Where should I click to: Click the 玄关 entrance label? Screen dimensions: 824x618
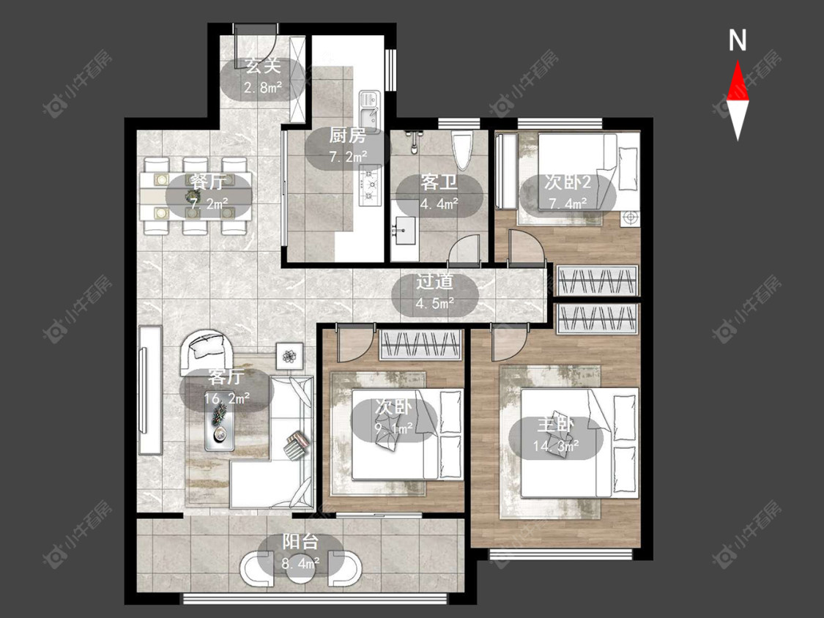pyautogui.click(x=263, y=66)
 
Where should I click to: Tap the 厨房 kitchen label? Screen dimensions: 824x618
pyautogui.click(x=347, y=135)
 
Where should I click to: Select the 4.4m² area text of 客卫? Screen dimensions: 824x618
pyautogui.click(x=439, y=204)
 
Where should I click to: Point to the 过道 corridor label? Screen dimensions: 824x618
pyautogui.click(x=434, y=282)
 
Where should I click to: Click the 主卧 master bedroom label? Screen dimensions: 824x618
pyautogui.click(x=555, y=425)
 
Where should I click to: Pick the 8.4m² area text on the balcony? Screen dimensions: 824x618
pyautogui.click(x=300, y=564)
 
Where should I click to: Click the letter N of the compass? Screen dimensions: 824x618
pyautogui.click(x=738, y=40)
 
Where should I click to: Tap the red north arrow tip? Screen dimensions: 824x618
pyautogui.click(x=738, y=62)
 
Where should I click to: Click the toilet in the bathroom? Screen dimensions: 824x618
pyautogui.click(x=462, y=151)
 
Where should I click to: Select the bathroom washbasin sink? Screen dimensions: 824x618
pyautogui.click(x=404, y=229)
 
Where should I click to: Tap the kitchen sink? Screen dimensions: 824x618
pyautogui.click(x=370, y=108)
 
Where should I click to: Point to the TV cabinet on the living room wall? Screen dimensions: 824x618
pyautogui.click(x=149, y=390)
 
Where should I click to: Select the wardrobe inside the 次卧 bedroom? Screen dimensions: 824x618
pyautogui.click(x=421, y=345)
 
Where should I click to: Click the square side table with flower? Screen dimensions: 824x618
pyautogui.click(x=289, y=357)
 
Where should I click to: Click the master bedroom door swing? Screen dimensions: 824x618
pyautogui.click(x=511, y=341)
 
